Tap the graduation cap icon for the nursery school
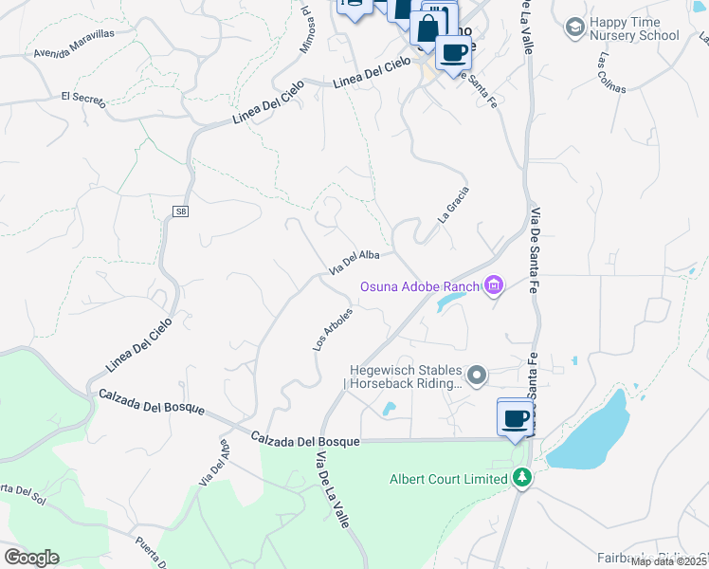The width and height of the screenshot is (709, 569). tap(573, 28)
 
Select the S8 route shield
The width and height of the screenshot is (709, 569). tap(180, 211)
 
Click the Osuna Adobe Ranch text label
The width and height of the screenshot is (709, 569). tap(420, 286)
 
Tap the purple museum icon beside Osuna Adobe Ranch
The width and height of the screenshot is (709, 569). tap(493, 284)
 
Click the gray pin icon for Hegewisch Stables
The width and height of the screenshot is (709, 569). tap(478, 376)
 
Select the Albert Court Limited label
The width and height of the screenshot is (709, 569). tap(448, 479)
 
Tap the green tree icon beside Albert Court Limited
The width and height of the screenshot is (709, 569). tap(519, 478)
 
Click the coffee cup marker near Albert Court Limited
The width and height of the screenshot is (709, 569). tap(515, 417)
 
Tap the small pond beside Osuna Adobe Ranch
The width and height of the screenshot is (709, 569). tap(450, 302)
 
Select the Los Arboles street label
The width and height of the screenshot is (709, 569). tap(333, 329)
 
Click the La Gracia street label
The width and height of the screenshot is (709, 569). tap(453, 203)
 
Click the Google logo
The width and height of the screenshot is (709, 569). tap(31, 557)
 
